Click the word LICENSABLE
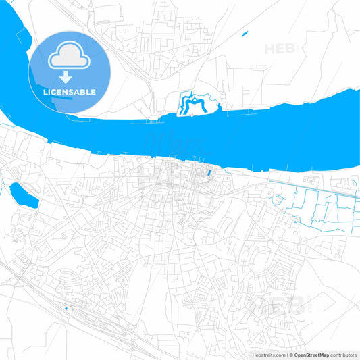pos(70,91)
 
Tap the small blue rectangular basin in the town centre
pos(209,174)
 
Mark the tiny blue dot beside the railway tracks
pos(66,309)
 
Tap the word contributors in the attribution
pos(343,355)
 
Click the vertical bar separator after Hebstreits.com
pos(286,355)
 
